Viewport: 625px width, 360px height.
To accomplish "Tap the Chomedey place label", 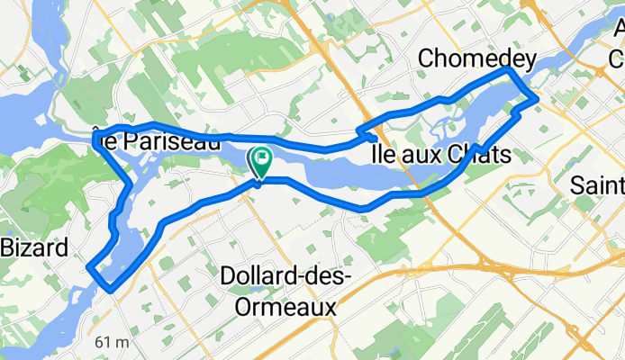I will point(477,59).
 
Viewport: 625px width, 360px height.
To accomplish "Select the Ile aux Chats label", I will point(441,156).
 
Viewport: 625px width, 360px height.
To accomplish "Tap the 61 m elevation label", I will point(112,342).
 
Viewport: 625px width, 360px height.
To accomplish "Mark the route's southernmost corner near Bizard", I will point(110,290).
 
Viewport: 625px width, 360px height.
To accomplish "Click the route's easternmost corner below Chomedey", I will point(537,99).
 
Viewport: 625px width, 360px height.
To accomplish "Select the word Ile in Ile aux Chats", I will point(384,156).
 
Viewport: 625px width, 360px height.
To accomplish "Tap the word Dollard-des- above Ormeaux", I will point(284,277).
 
